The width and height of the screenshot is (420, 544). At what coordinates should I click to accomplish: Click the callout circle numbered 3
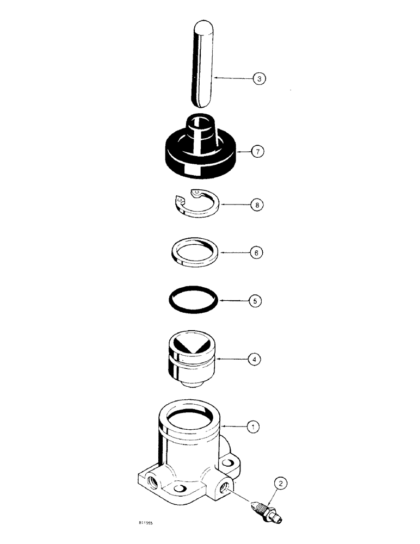click(260, 79)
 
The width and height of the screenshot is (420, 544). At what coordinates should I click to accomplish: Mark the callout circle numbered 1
click(253, 427)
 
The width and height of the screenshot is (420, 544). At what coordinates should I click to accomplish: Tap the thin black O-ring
click(194, 299)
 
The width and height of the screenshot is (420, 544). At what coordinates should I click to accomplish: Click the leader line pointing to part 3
click(234, 79)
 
